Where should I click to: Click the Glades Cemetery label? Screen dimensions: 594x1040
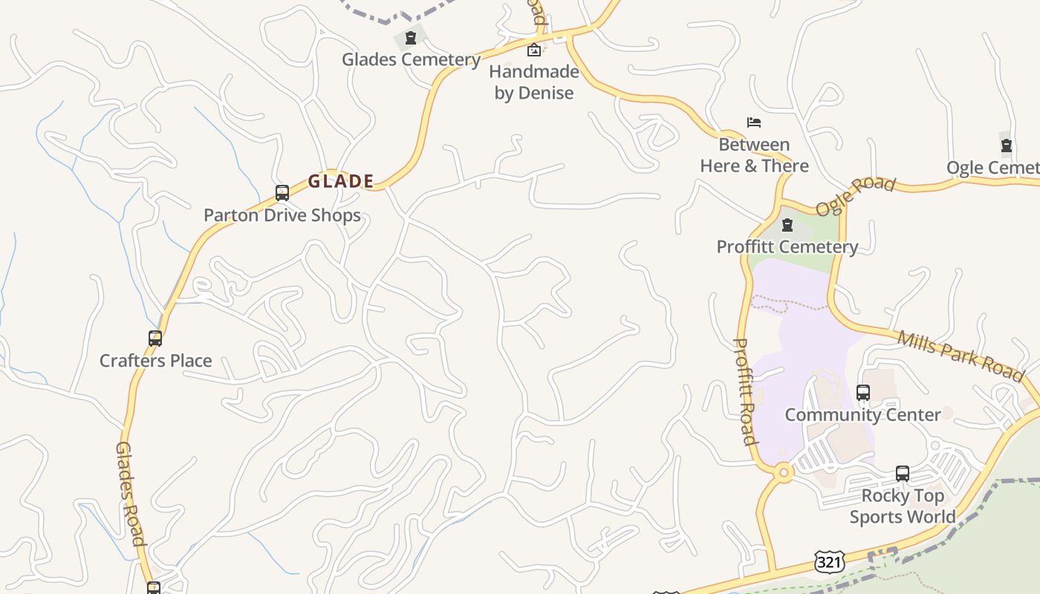(411, 59)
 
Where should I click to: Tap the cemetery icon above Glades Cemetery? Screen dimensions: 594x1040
(410, 38)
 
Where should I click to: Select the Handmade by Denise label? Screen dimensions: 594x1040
(534, 82)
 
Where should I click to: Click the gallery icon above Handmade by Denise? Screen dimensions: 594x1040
(533, 50)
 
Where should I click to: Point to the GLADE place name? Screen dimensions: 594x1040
(341, 181)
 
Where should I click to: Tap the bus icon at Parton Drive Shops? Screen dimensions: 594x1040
(282, 193)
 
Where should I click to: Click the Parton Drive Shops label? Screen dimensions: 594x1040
(282, 215)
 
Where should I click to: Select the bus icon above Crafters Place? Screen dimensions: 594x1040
(155, 339)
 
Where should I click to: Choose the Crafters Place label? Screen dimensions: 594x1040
(156, 361)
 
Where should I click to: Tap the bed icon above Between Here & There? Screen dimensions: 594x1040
(754, 123)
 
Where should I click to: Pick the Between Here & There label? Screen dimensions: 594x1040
(754, 154)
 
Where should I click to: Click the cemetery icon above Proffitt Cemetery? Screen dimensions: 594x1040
(787, 224)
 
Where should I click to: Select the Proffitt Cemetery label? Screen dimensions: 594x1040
(787, 247)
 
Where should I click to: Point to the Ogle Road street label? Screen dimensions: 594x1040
(855, 196)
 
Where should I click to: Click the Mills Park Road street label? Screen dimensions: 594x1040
(961, 356)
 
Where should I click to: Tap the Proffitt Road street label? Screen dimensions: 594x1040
(745, 391)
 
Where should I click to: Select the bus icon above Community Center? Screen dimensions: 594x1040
(863, 392)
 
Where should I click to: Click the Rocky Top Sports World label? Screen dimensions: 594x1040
(903, 506)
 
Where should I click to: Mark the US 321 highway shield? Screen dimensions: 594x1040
(828, 562)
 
